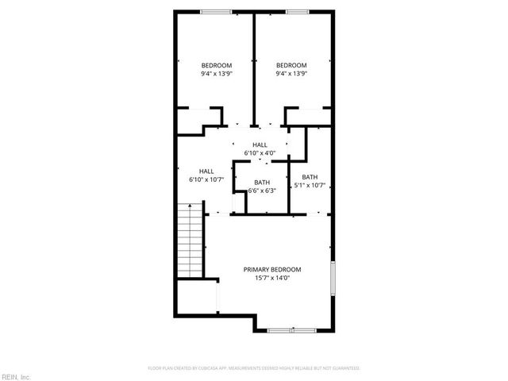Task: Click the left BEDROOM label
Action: pyautogui.click(x=216, y=65)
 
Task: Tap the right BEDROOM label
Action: pyautogui.click(x=291, y=65)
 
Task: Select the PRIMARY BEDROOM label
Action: pyautogui.click(x=272, y=269)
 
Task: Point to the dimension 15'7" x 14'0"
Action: pyautogui.click(x=272, y=278)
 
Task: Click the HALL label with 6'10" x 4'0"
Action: pyautogui.click(x=260, y=144)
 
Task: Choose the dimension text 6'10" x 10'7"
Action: pyautogui.click(x=206, y=179)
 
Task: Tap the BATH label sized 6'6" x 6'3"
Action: pyautogui.click(x=262, y=183)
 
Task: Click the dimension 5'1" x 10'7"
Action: pyautogui.click(x=310, y=186)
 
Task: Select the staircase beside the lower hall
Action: pyautogui.click(x=191, y=239)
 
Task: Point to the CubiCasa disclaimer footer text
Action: pyautogui.click(x=254, y=368)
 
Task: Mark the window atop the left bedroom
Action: pyautogui.click(x=216, y=11)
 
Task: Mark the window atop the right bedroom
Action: pyautogui.click(x=297, y=11)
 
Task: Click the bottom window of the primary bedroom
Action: pyautogui.click(x=291, y=330)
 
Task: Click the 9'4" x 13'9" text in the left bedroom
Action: pyautogui.click(x=216, y=74)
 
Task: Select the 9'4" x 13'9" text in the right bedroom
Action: pyautogui.click(x=291, y=74)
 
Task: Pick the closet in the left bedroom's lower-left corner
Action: pyautogui.click(x=190, y=120)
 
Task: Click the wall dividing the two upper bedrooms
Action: pyautogui.click(x=254, y=67)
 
